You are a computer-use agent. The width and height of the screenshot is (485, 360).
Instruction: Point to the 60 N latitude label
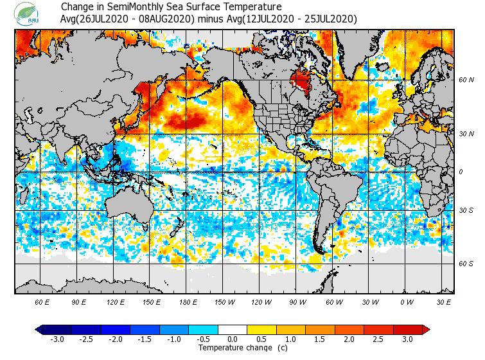(466, 80)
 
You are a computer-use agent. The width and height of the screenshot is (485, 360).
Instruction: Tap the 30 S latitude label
(466, 211)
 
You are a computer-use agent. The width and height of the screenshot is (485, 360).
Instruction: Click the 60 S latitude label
(466, 264)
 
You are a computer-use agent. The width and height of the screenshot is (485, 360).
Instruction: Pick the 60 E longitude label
(42, 302)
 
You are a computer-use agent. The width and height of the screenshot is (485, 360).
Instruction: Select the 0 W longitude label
(407, 302)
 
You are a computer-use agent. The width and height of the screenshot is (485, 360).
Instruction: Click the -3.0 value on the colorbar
(57, 339)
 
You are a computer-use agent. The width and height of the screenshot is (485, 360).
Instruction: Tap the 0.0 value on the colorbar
(233, 339)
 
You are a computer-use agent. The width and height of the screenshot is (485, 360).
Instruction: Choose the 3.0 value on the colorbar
(408, 339)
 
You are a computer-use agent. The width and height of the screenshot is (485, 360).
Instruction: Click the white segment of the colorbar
(233, 330)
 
